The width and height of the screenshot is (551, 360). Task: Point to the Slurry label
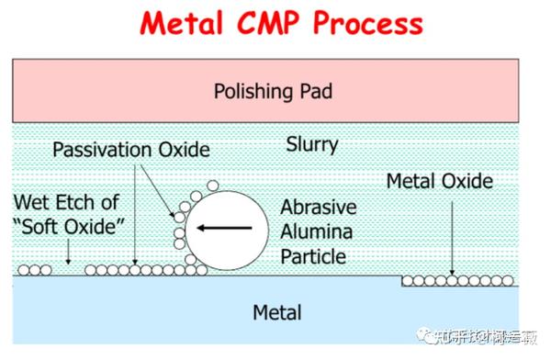[x=311, y=144]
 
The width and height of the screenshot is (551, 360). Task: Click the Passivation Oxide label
[x=130, y=149]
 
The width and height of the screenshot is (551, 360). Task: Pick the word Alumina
[x=316, y=232]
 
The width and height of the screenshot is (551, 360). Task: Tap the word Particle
[x=315, y=256]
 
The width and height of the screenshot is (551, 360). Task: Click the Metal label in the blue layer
[x=276, y=312]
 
